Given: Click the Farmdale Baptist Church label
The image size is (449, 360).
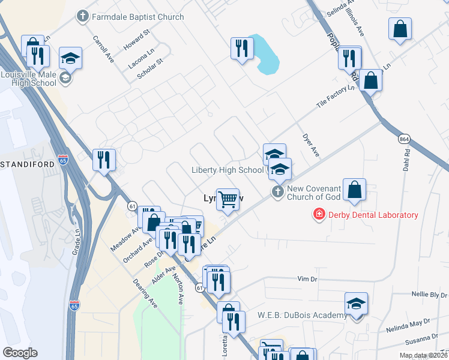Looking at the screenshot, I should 137,17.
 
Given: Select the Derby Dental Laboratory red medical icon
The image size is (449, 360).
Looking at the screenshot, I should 319,214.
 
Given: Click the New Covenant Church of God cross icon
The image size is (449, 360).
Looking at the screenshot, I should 277,192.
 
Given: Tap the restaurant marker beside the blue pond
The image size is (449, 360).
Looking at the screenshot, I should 242,48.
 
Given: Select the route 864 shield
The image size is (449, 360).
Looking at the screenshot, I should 404,139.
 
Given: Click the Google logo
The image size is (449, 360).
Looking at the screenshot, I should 20,353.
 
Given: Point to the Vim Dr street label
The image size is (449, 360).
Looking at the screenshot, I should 308,279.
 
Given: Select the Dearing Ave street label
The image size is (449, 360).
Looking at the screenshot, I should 145,293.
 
